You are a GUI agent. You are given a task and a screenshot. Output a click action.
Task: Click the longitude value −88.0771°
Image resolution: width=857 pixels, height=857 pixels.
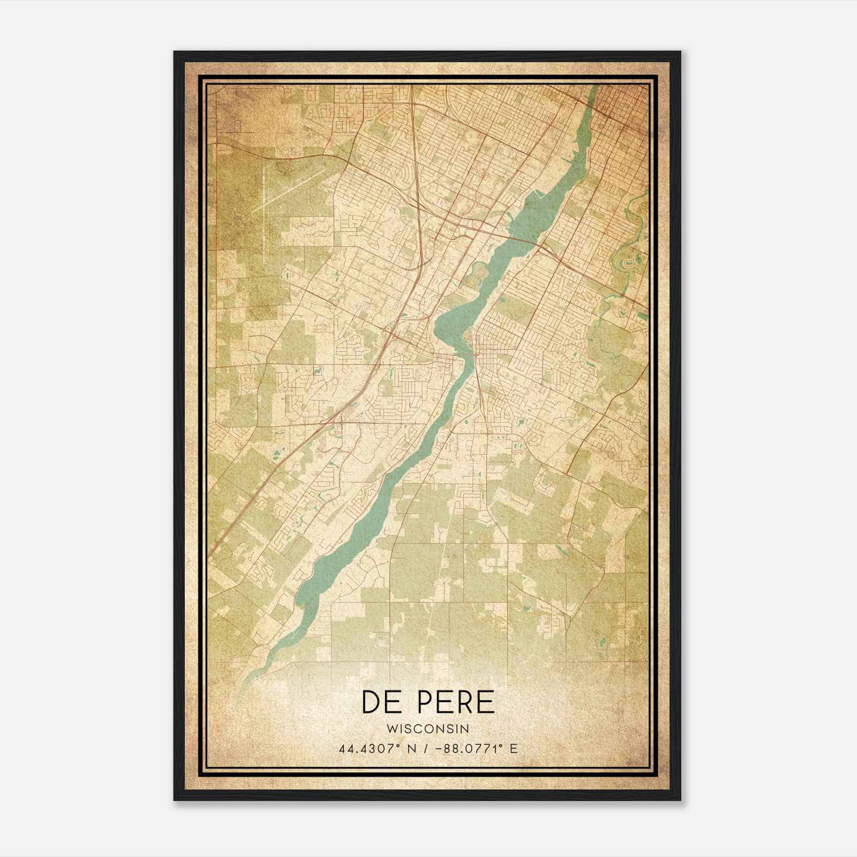click(468, 748)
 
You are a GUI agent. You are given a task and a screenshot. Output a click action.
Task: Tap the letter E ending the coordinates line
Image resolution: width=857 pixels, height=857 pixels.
click(514, 748)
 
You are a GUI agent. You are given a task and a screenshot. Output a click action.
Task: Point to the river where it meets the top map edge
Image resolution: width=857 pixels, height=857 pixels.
click(593, 87)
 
